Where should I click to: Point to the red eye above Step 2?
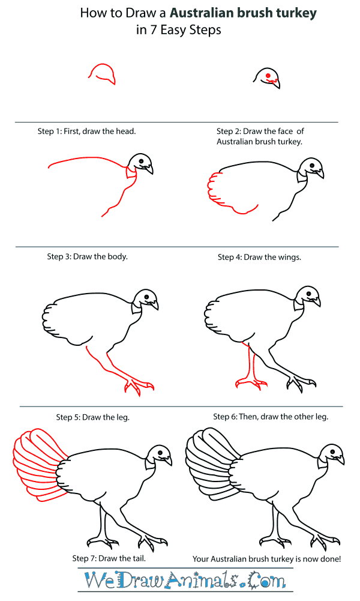[x=268, y=75]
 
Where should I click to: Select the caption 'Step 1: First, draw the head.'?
[x=86, y=131]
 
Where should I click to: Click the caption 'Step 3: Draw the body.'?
[x=88, y=256]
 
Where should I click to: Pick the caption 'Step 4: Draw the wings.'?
[x=259, y=257]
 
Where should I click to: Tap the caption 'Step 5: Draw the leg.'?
[x=93, y=416]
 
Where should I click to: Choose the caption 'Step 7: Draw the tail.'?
[x=109, y=558]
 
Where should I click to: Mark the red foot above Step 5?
[x=140, y=387]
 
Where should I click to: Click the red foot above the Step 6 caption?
[x=246, y=382]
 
